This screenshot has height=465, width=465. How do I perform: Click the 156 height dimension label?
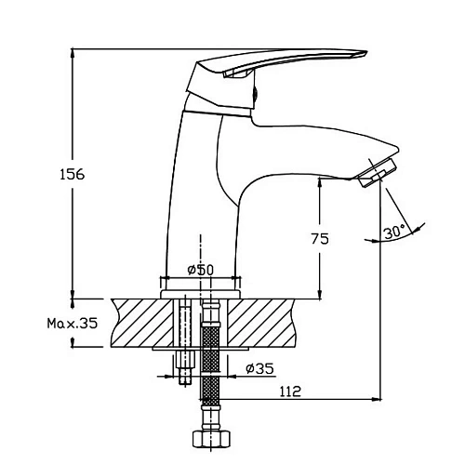(x=72, y=174)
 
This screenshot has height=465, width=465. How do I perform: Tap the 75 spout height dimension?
(x=320, y=239)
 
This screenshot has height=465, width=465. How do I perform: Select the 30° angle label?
(x=394, y=232)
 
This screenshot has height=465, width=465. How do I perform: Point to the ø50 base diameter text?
(x=201, y=270)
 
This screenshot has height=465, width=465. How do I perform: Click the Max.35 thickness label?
(x=73, y=324)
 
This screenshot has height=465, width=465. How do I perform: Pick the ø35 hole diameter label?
(x=259, y=368)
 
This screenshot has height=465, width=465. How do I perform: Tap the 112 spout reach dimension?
(x=290, y=392)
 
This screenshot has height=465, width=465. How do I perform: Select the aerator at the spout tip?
(x=378, y=172)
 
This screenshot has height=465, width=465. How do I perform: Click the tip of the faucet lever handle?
(x=367, y=52)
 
